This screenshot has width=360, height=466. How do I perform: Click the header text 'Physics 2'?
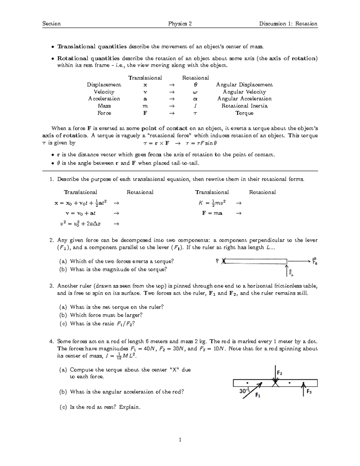[180, 24]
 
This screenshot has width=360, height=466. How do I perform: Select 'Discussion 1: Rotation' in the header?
[288, 24]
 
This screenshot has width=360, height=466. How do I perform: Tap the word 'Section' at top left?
[51, 24]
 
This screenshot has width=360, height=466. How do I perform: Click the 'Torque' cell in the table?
[244, 113]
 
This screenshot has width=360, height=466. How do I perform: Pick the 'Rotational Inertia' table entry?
[244, 106]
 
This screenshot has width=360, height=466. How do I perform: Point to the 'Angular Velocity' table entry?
[244, 92]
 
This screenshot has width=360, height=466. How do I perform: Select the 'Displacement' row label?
[104, 85]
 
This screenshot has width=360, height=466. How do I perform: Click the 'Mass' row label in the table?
[104, 106]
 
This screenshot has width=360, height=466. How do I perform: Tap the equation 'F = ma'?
[212, 213]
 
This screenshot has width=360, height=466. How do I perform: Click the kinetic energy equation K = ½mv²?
[212, 203]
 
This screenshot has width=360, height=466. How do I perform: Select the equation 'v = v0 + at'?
[80, 213]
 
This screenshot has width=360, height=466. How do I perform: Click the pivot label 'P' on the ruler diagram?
[217, 261]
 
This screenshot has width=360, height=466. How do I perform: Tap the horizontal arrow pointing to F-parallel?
[298, 261]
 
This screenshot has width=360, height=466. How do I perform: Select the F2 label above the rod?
[279, 373]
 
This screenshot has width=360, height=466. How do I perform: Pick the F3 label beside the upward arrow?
[309, 392]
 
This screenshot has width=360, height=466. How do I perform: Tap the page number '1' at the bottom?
[180, 440]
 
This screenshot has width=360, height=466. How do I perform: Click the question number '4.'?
[52, 341]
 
